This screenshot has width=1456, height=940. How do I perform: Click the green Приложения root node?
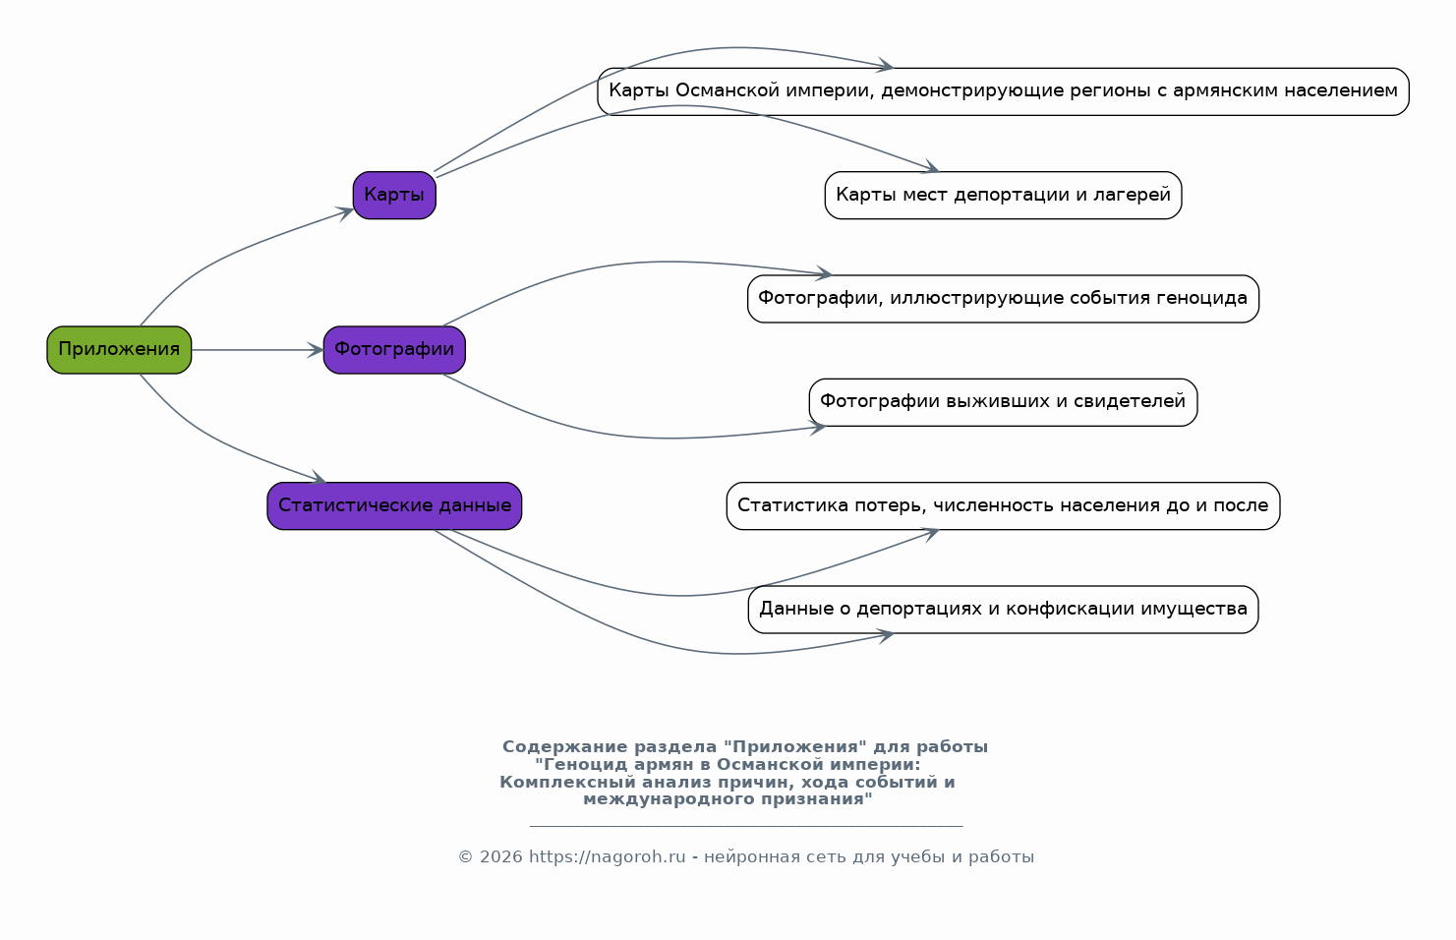coord(119,350)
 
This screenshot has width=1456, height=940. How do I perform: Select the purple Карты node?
coord(394,195)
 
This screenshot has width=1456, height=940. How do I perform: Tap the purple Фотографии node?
coord(394,350)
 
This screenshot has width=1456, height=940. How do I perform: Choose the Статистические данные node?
coord(394,505)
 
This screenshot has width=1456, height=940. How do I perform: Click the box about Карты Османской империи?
coord(1003,91)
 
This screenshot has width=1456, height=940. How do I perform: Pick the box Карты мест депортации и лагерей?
coord(1003,195)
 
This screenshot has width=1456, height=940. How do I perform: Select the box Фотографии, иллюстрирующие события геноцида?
coord(1003,298)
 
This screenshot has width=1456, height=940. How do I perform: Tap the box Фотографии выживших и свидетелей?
coord(1003,402)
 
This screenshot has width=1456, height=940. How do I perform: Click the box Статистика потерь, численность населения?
coord(1003,505)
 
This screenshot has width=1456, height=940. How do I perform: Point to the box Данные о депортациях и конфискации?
coord(1003,609)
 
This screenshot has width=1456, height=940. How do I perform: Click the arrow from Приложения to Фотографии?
coord(258,350)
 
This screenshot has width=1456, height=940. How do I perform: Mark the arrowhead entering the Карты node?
coord(344,212)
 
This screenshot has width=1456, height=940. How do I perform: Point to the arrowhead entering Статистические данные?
coord(318,477)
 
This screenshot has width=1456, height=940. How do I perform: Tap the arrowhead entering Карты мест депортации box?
coord(931,167)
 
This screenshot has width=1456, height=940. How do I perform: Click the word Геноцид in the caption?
coord(582,764)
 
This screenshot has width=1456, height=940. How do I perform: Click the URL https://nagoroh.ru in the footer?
coord(608,856)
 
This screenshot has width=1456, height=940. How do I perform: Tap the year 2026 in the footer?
coord(501,856)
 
